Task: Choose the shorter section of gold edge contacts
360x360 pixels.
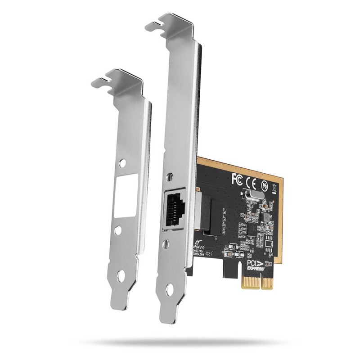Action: coord(267,283)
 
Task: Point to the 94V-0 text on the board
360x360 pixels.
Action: coord(200,248)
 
